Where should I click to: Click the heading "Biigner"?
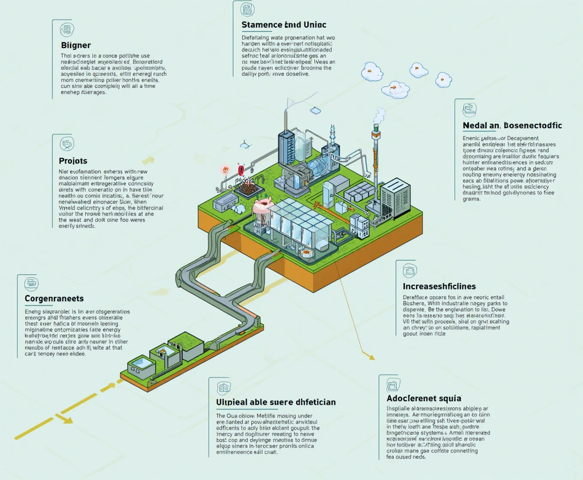coord(76,45)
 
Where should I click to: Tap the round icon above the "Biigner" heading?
coord(67,30)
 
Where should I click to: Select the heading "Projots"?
coord(73,161)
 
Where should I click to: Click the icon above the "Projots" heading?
coord(67,144)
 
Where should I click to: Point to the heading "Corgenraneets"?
coord(54,299)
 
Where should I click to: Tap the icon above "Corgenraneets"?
coord(31,283)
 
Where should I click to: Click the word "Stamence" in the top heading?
coord(259,25)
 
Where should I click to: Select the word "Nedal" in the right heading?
coord(475,126)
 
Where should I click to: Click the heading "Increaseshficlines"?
coord(439,286)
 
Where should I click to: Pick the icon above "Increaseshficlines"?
coord(410,271)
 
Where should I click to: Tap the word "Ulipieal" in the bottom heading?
coord(232,402)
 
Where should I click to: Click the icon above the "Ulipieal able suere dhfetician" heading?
coord(224,388)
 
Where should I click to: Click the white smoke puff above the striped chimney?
coord(379,116)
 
